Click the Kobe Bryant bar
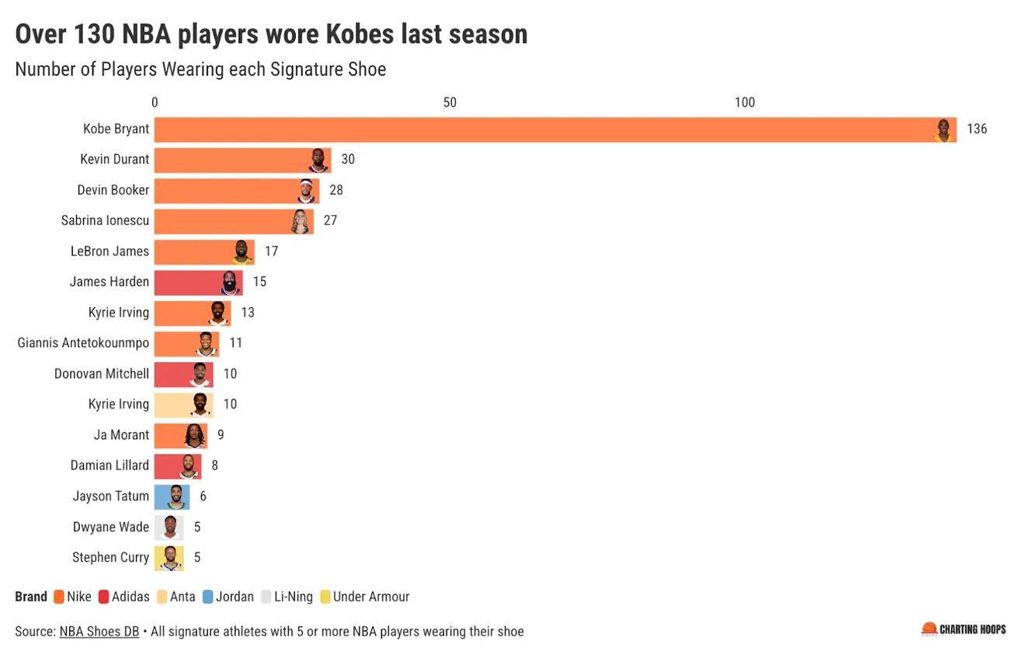pyautogui.click(x=544, y=130)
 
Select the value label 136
pyautogui.click(x=976, y=129)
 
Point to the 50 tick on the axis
pyautogui.click(x=450, y=102)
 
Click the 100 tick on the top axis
pyautogui.click(x=744, y=102)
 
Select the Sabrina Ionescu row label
pyautogui.click(x=105, y=220)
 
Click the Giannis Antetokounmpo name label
pyautogui.click(x=83, y=343)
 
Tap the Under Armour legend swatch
pyautogui.click(x=325, y=597)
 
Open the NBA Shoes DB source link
pyautogui.click(x=99, y=632)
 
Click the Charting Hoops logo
pyautogui.click(x=963, y=629)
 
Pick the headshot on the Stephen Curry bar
pyautogui.click(x=170, y=558)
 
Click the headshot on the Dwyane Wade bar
pyautogui.click(x=170, y=528)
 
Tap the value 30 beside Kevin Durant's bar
pyautogui.click(x=348, y=159)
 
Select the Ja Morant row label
pyautogui.click(x=121, y=435)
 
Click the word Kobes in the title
pyautogui.click(x=360, y=34)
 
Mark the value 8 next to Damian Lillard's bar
pyautogui.click(x=214, y=466)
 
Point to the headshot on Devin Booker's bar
pyautogui.click(x=307, y=190)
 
